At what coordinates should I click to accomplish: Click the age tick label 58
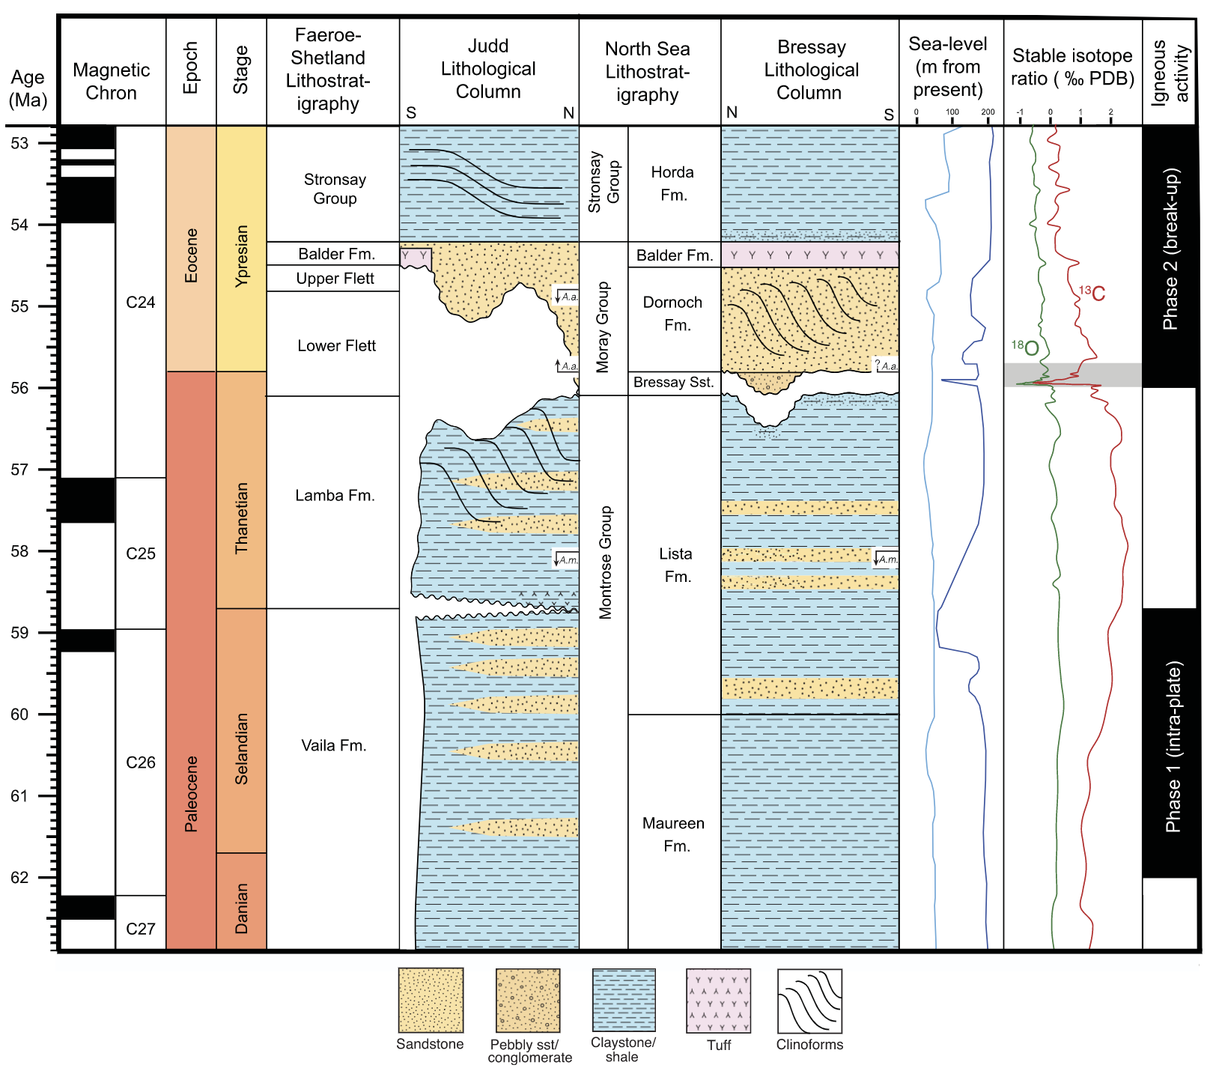[19, 551]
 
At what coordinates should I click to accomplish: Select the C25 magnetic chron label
[141, 553]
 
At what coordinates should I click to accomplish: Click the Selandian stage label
[241, 748]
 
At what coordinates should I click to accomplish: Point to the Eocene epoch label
[191, 255]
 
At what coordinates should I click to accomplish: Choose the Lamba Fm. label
[335, 495]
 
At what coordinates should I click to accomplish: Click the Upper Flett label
[335, 279]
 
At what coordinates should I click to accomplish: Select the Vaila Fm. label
[334, 745]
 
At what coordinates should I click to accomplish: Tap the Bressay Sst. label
[673, 382]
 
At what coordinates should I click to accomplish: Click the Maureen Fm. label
[674, 834]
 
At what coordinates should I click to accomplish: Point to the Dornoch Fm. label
[673, 313]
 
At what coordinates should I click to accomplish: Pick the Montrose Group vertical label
[605, 562]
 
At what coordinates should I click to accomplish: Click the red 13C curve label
[1092, 293]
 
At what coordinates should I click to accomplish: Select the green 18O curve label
[1025, 348]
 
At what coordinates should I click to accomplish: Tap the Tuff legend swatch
[718, 1001]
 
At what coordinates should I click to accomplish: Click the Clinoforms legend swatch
[809, 1001]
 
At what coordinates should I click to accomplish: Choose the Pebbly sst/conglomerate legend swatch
[528, 1001]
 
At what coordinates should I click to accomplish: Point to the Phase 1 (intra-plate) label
[1172, 746]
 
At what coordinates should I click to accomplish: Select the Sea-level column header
[948, 67]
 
